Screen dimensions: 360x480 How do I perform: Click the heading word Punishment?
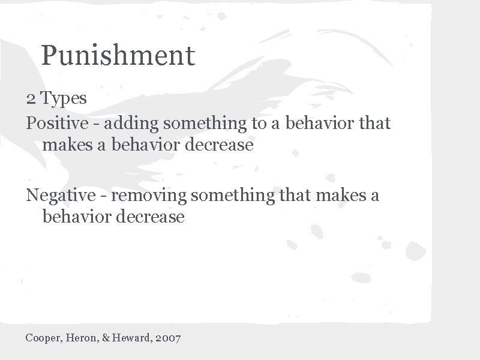click(x=118, y=56)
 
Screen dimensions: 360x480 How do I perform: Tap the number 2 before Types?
click(x=30, y=98)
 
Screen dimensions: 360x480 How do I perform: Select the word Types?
click(x=64, y=98)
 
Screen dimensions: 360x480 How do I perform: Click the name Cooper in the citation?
click(x=43, y=338)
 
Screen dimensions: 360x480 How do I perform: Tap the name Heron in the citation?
click(x=80, y=338)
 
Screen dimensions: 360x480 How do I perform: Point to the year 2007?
click(x=167, y=338)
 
